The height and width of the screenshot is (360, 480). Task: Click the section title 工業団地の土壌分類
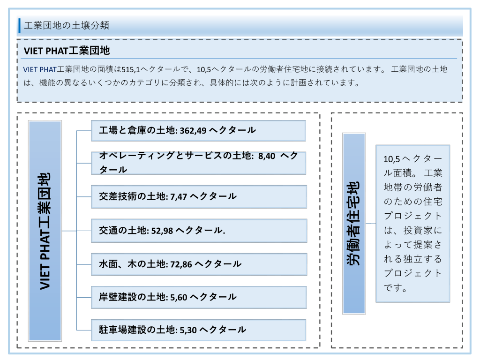coord(67,25)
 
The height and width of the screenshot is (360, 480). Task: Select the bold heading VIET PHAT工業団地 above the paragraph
coord(67,51)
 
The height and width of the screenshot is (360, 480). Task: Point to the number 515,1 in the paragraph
coord(131,70)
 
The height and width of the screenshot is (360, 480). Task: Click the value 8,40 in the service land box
coord(267,156)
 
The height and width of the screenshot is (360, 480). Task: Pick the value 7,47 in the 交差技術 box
coord(179,196)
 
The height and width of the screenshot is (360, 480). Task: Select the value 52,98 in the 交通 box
coord(162,231)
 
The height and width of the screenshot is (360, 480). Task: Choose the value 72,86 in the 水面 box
coord(181,264)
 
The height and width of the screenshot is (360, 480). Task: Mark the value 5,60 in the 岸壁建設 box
coord(179,297)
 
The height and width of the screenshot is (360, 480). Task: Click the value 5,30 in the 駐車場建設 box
coord(188,330)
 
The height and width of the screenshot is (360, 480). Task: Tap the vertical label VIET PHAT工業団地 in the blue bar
coord(45,231)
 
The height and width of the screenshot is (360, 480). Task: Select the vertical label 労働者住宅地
coord(353,223)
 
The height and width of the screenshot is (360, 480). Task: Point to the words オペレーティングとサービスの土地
coord(175,156)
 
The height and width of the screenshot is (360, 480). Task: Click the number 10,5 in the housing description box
coord(392,159)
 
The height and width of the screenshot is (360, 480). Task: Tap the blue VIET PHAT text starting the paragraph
coord(40,70)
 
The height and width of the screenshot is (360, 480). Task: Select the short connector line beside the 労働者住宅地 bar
coord(371,224)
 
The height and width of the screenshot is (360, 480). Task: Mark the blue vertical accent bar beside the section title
coord(20,25)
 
